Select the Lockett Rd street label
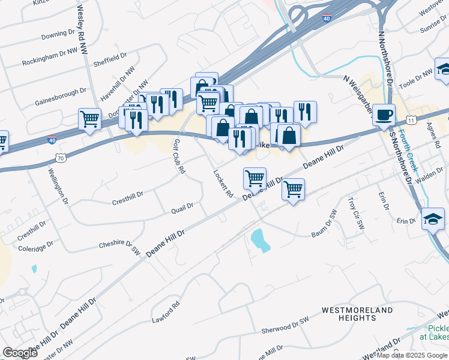click(223, 183)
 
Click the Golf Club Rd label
click(178, 157)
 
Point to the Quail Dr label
click(182, 206)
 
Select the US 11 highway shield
click(411, 120)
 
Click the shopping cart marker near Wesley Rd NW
click(89, 119)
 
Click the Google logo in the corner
click(20, 353)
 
